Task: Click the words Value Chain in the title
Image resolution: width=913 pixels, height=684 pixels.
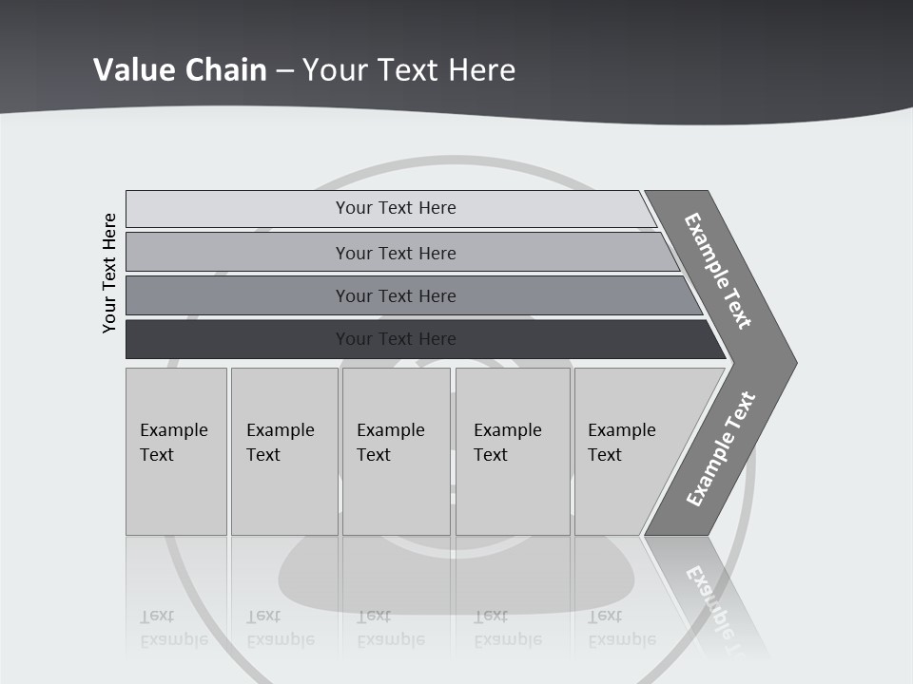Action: (x=180, y=70)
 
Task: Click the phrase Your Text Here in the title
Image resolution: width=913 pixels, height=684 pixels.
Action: (x=409, y=70)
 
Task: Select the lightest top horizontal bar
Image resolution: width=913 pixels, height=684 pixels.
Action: (x=238, y=209)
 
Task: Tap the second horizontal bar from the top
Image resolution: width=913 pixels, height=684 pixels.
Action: (x=238, y=253)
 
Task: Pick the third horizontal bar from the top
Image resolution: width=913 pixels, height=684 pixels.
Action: (x=238, y=295)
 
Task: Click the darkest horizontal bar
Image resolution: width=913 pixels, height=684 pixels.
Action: (x=238, y=339)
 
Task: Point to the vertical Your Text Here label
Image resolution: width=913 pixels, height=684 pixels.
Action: (x=109, y=273)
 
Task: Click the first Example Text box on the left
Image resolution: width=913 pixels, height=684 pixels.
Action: (x=176, y=451)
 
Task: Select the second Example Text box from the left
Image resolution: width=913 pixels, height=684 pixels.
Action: (x=283, y=451)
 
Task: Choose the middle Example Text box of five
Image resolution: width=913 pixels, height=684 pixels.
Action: (x=396, y=451)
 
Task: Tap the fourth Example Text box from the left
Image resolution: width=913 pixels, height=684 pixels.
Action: (x=512, y=451)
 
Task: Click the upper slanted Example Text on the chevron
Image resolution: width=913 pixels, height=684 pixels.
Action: (x=718, y=271)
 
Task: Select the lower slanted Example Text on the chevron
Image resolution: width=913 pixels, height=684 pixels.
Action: (x=721, y=449)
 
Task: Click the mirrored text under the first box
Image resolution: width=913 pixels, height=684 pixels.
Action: (x=174, y=628)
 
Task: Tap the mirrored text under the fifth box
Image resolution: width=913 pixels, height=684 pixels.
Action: (x=622, y=628)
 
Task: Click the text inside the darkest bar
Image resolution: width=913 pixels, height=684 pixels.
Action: (x=396, y=339)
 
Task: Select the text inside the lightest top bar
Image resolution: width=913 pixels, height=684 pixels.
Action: (x=396, y=208)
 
